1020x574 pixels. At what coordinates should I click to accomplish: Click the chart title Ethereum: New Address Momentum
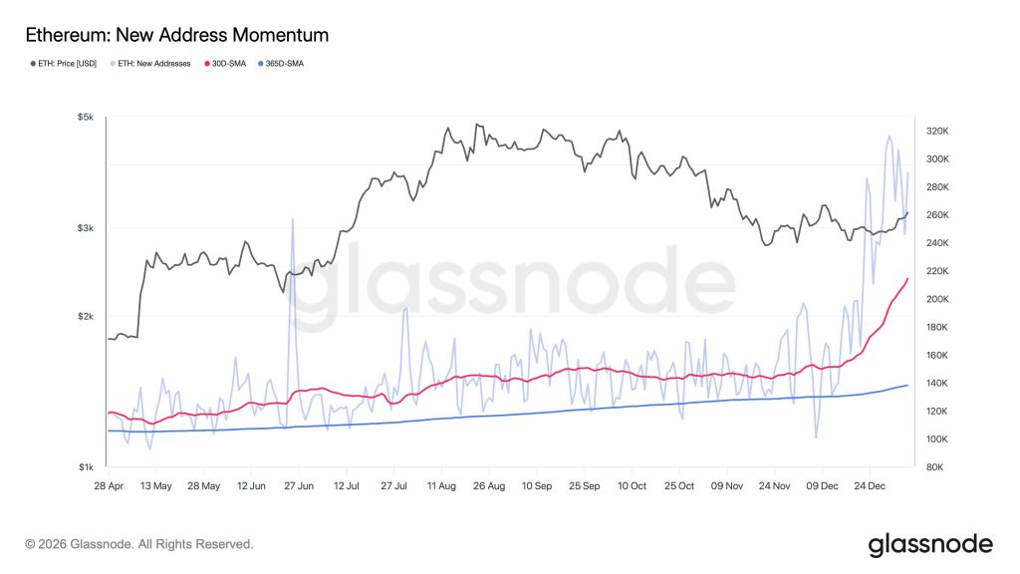pos(176,36)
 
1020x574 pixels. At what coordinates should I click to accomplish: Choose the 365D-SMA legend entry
pos(281,63)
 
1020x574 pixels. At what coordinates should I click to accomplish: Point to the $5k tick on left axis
pos(86,118)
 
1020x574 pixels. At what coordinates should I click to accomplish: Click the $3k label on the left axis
pos(86,228)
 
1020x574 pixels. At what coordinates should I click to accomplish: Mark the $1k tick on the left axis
pos(86,467)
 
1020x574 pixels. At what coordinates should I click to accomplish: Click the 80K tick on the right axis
pos(937,467)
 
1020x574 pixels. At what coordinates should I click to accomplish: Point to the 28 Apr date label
pos(108,486)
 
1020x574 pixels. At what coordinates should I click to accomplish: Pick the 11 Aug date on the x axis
pos(440,486)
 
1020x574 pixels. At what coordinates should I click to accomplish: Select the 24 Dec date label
pos(871,486)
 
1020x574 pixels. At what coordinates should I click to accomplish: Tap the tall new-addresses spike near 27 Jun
pos(292,220)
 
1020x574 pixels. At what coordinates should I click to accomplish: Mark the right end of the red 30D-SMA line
pos(907,278)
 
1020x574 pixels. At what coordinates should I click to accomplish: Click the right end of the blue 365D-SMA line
pos(907,385)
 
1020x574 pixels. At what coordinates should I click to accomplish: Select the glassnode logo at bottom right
pos(930,544)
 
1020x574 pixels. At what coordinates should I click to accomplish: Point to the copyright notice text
pos(139,544)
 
